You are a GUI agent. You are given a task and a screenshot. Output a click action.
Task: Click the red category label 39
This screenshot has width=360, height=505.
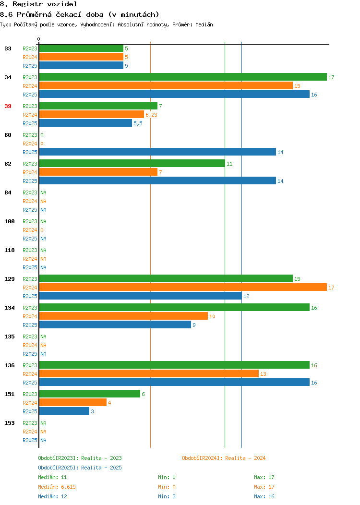click(8, 106)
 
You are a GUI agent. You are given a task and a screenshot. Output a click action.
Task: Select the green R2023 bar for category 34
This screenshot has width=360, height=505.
click(183, 77)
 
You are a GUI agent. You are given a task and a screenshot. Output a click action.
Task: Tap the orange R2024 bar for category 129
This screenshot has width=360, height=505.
click(183, 287)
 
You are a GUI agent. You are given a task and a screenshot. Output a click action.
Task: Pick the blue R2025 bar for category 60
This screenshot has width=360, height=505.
click(157, 152)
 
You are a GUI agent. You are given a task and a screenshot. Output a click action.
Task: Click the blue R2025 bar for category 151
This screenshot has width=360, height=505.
click(64, 411)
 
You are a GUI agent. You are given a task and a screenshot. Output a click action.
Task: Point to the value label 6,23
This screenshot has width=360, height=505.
click(151, 115)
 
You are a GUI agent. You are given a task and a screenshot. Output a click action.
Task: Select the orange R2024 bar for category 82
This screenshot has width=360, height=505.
click(98, 172)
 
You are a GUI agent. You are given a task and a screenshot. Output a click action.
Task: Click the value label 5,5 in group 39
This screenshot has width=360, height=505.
click(138, 124)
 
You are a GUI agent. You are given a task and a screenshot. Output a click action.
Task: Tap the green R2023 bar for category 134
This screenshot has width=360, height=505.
click(174, 307)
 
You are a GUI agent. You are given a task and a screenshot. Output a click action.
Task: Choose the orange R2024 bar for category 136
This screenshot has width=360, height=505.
click(149, 373)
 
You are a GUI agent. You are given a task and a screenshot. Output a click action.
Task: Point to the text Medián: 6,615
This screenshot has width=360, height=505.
click(57, 487)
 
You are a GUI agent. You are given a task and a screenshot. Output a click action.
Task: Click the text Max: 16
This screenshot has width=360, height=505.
click(264, 497)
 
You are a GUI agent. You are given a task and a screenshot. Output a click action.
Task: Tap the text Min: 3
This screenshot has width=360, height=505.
click(167, 497)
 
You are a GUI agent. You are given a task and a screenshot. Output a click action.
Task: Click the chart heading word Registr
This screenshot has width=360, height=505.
click(27, 4)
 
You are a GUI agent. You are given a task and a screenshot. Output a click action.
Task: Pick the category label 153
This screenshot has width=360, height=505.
click(9, 423)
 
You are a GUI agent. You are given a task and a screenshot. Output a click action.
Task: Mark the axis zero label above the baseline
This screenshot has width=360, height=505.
click(39, 39)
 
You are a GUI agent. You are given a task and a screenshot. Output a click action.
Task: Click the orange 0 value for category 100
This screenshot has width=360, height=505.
click(42, 230)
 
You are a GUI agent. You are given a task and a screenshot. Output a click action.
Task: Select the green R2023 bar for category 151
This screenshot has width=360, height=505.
click(89, 394)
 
